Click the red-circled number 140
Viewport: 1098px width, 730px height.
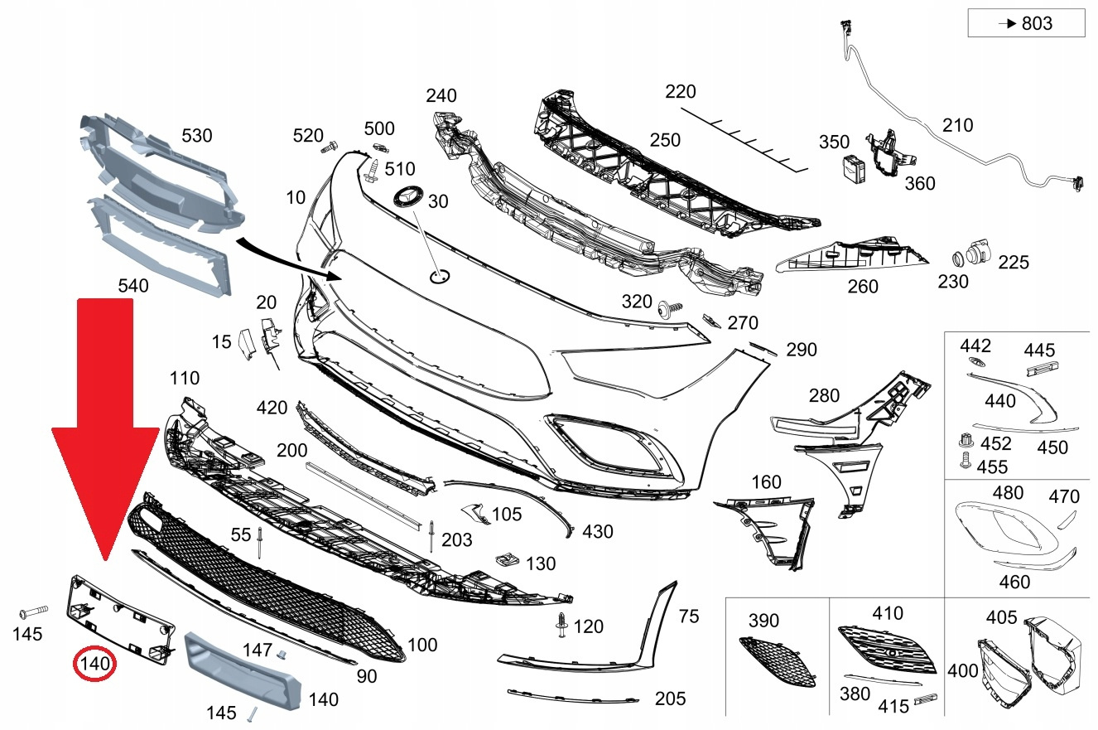pos(94,664)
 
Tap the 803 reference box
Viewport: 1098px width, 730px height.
pos(1026,23)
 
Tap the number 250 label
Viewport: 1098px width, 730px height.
pos(665,141)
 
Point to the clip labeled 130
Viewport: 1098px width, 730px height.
pos(505,559)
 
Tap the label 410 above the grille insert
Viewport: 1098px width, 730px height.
pos(888,614)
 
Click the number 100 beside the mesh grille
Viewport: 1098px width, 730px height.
pos(423,644)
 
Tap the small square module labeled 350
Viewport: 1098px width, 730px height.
pos(854,168)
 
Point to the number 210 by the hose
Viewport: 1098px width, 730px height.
pos(957,126)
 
